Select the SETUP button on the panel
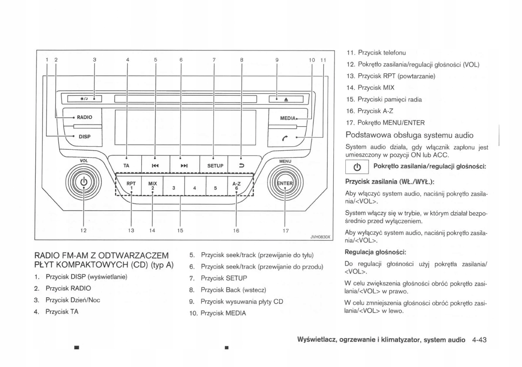215,166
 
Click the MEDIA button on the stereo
288,118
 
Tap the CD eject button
286,99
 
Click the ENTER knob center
285,183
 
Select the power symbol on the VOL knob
84,182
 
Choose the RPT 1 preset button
131,186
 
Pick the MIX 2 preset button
152,186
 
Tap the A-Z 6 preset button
236,186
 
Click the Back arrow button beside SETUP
242,166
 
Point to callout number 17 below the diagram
285,231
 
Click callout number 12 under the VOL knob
83,230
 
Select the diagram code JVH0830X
320,237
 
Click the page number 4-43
478,340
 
